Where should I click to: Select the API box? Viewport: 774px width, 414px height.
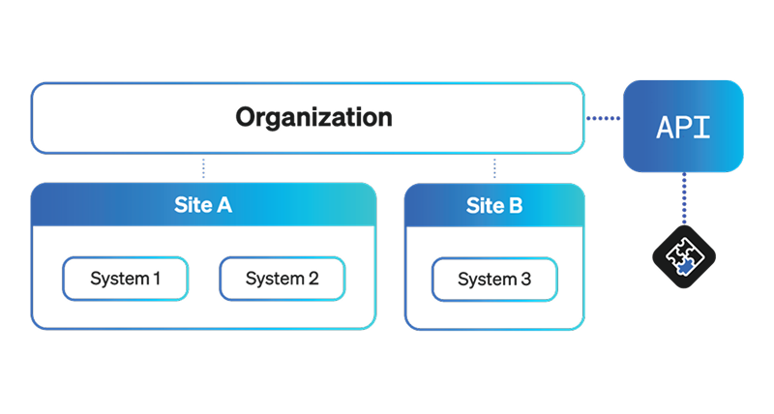(x=683, y=127)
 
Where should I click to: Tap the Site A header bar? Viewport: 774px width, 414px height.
(x=203, y=205)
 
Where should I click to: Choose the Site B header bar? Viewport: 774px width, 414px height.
(x=493, y=205)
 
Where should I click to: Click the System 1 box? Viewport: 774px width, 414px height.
(x=126, y=280)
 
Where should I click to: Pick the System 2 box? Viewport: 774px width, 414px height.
(x=282, y=280)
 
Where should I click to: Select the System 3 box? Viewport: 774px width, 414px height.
(x=494, y=280)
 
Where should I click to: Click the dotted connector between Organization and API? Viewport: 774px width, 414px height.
(x=603, y=119)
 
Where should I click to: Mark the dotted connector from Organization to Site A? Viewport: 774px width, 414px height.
(x=203, y=168)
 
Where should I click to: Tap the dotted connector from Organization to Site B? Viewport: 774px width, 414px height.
(x=494, y=168)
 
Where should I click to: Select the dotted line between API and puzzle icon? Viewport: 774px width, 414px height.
(x=684, y=201)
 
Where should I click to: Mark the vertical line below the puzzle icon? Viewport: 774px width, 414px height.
(x=684, y=300)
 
